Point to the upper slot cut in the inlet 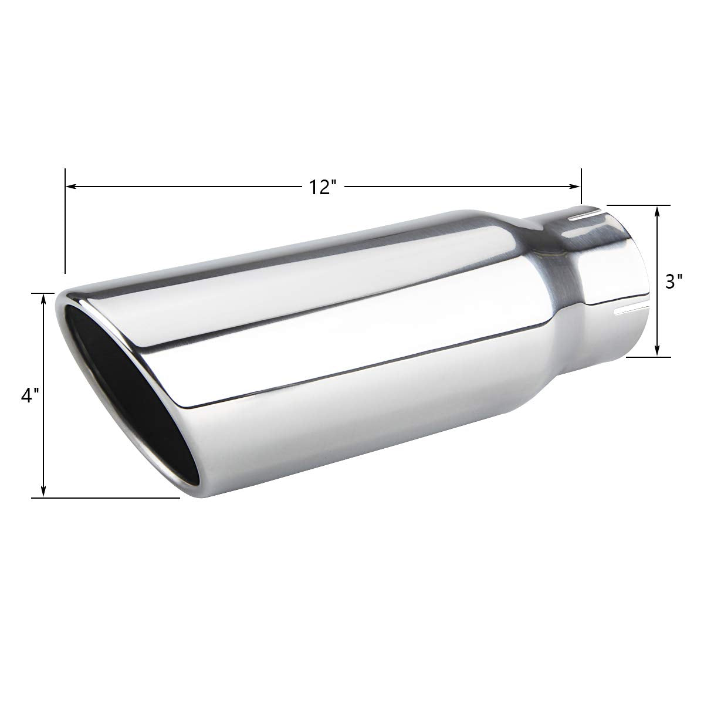coord(587,216)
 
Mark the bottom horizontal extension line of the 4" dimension coord(106,498)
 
